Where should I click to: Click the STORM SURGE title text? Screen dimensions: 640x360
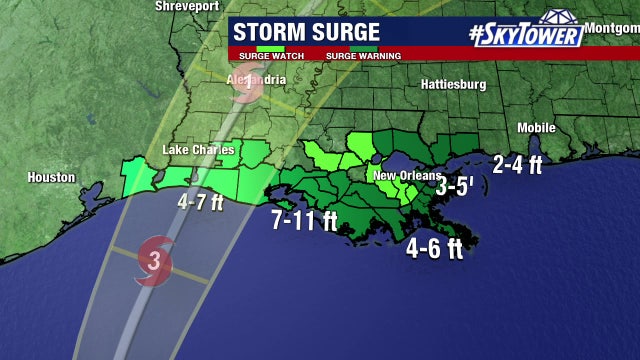[306, 32]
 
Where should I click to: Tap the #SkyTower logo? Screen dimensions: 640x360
[526, 33]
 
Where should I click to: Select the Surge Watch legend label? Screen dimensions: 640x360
[258, 55]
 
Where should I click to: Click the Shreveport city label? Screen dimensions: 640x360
[186, 6]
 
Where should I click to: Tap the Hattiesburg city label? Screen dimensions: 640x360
[453, 84]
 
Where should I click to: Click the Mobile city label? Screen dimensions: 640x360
[536, 128]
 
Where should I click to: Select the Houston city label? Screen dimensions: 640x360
[51, 177]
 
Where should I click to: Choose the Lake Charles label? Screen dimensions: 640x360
[198, 151]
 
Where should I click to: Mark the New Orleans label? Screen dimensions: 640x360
[401, 176]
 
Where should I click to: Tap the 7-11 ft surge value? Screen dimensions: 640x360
[304, 220]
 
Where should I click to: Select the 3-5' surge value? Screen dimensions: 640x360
[454, 184]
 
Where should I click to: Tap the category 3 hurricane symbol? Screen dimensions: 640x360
[154, 262]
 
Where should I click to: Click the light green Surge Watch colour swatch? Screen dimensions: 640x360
[270, 47]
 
